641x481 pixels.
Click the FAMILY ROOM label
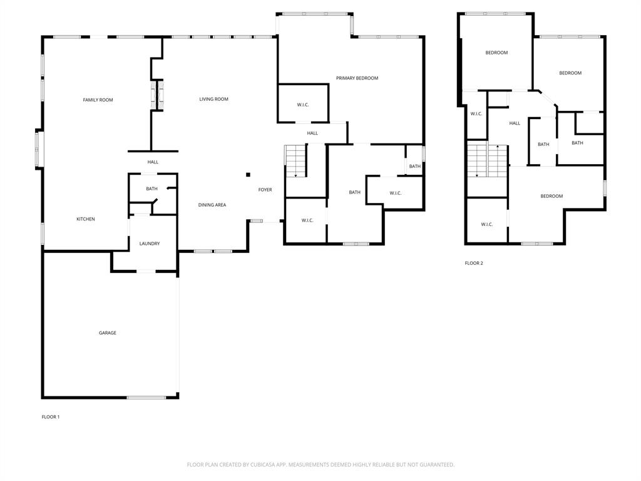[x=98, y=100]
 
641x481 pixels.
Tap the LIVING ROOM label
[x=213, y=99]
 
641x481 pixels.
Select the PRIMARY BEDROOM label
[x=357, y=78]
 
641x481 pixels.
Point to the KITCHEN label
[x=86, y=219]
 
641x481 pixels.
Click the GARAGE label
[x=108, y=333]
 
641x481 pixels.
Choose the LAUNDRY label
[x=149, y=244]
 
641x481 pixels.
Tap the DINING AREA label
[x=212, y=205]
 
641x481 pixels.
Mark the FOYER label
[x=265, y=190]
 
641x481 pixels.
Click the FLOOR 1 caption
[x=51, y=417]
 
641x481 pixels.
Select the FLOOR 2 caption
[x=474, y=264]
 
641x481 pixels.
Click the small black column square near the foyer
[x=248, y=175]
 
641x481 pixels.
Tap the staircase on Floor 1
[x=295, y=161]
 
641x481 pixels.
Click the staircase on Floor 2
[x=486, y=160]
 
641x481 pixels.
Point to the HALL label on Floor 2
[x=515, y=123]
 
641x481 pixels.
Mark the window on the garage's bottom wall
[x=146, y=397]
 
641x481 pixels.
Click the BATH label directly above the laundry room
[x=151, y=189]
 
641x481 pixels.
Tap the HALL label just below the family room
[x=153, y=162]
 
